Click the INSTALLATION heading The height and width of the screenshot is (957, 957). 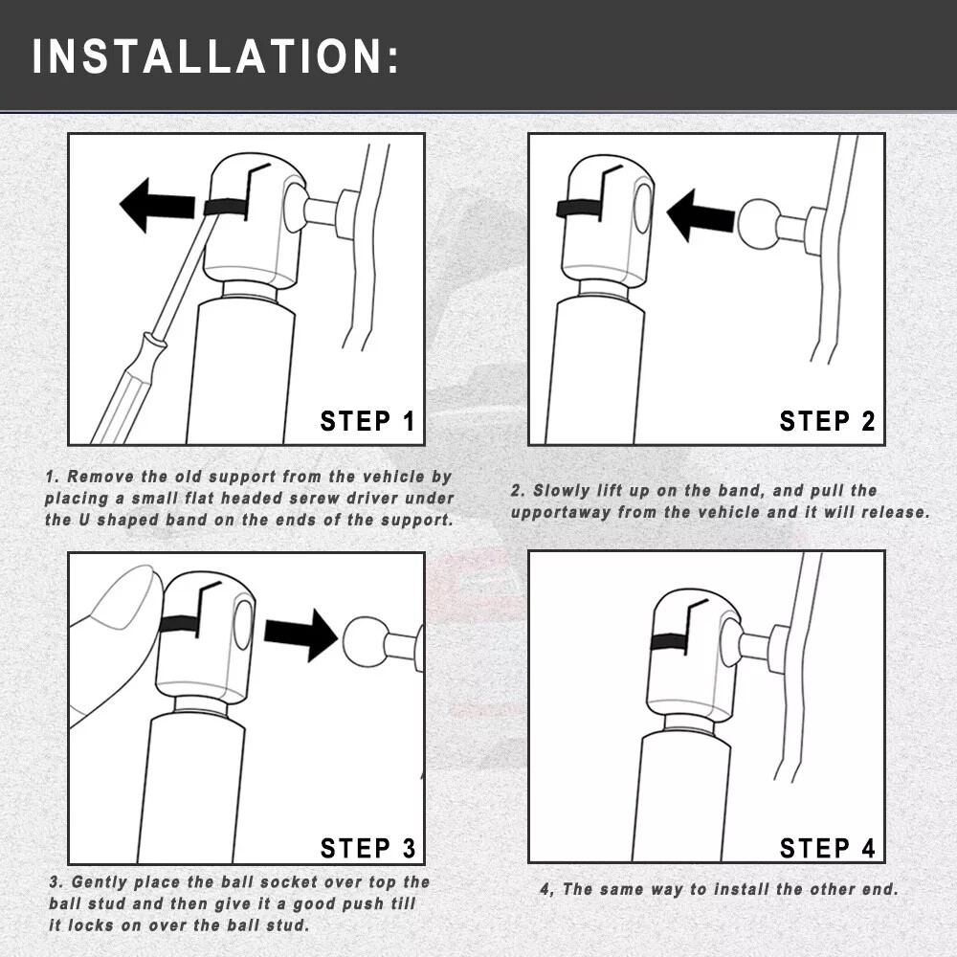pos(215,56)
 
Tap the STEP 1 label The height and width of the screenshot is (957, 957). pos(367,421)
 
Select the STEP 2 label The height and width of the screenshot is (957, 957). pos(827,421)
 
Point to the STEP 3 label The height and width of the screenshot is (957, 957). pos(367,848)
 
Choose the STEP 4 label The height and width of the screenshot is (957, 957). pos(827,848)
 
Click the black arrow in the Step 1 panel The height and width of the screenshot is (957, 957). pos(158,205)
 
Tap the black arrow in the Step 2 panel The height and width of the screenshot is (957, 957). pos(701,215)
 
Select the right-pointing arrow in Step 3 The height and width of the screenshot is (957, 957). pos(300,635)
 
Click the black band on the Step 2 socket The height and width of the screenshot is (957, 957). pos(579,210)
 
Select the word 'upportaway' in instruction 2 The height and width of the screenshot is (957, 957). pos(561,512)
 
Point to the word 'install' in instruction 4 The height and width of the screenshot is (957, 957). pos(742,889)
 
